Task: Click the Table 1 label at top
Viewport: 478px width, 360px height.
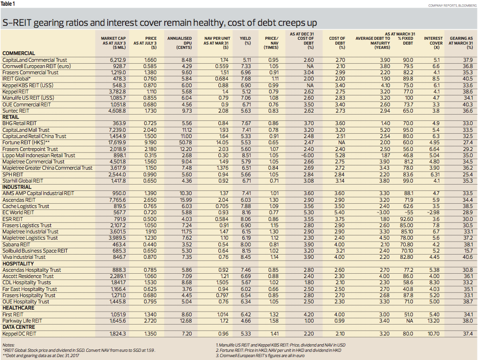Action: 8,4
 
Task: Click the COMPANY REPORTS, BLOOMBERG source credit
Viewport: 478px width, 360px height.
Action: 453,5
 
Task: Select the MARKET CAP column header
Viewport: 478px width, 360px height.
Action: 113,43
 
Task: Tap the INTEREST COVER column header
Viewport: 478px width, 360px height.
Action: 433,43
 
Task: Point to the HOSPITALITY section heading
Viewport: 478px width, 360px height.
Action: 18,264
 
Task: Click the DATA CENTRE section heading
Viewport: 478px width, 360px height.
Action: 19,327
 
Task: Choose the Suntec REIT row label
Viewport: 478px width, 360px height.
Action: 16,111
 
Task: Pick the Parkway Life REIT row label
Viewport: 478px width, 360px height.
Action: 22,321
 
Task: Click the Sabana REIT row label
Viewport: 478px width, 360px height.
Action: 16,244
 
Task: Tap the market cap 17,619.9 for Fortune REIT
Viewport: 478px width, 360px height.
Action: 117,142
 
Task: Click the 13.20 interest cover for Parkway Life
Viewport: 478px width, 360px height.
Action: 433,321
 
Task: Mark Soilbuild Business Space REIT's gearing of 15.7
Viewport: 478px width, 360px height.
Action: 467,251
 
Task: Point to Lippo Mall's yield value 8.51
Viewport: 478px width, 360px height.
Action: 246,155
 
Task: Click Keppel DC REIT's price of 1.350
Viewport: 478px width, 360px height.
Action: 150,334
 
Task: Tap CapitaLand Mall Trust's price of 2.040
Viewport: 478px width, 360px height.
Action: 150,130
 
